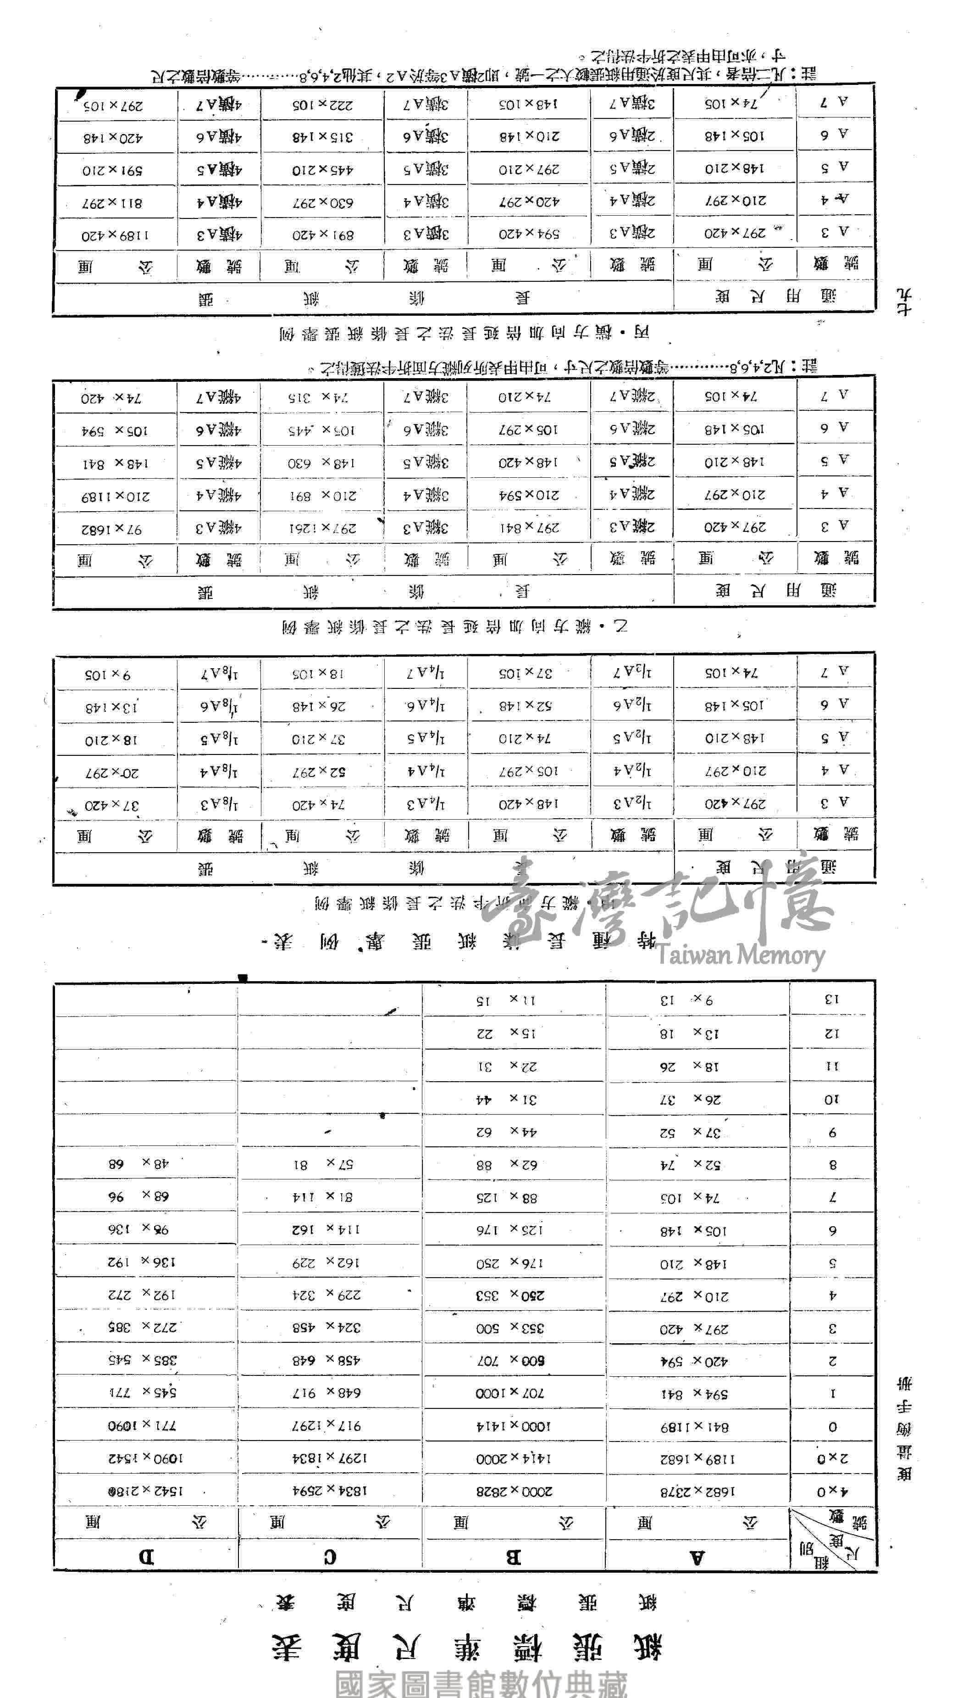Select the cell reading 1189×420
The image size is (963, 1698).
[x=115, y=235]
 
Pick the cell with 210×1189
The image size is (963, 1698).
[x=115, y=496]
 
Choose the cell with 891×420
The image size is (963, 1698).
[x=323, y=235]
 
